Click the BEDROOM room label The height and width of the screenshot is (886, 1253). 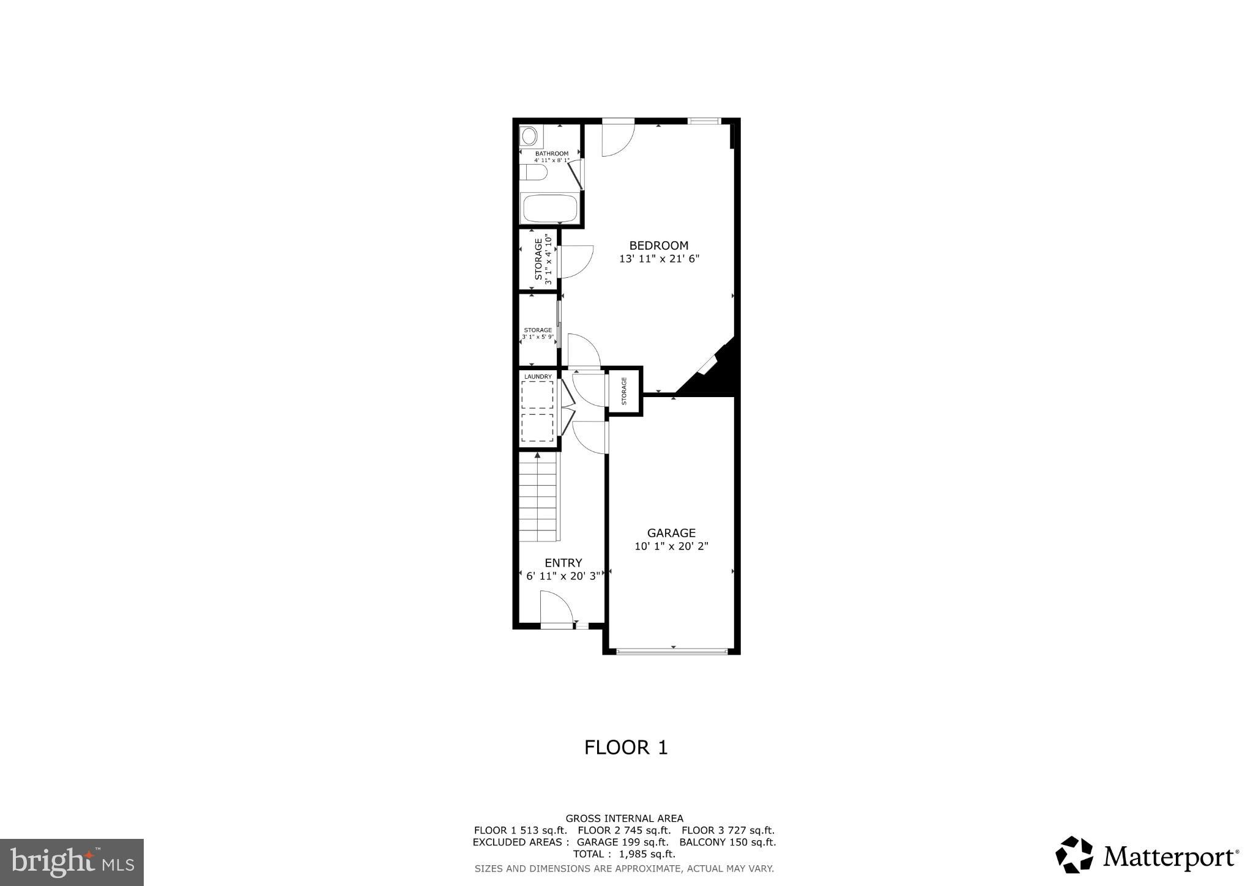pyautogui.click(x=658, y=245)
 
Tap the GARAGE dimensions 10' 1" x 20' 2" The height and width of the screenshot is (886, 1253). pyautogui.click(x=671, y=546)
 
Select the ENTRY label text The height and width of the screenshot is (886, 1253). pyautogui.click(x=563, y=563)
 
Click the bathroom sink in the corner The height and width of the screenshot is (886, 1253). pyautogui.click(x=529, y=136)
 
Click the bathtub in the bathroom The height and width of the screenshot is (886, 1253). pyautogui.click(x=549, y=209)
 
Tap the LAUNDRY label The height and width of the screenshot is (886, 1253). pyautogui.click(x=538, y=376)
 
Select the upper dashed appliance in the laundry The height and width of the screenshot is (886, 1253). pyautogui.click(x=537, y=395)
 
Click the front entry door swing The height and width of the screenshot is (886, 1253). pyautogui.click(x=556, y=609)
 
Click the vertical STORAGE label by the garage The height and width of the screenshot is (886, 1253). pyautogui.click(x=624, y=391)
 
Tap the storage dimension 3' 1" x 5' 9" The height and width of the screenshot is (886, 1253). pyautogui.click(x=538, y=337)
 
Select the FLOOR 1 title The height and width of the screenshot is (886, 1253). pyautogui.click(x=626, y=747)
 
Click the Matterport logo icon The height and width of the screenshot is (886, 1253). pyautogui.click(x=1074, y=855)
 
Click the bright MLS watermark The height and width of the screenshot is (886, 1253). pyautogui.click(x=72, y=862)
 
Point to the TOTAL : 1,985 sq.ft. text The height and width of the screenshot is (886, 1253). pyautogui.click(x=624, y=854)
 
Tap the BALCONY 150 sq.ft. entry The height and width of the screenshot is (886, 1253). pyautogui.click(x=727, y=842)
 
